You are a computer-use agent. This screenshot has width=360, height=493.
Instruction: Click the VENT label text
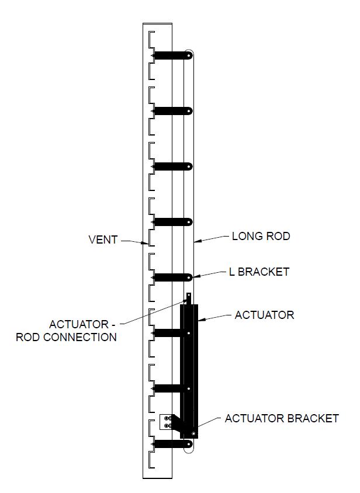[103, 239]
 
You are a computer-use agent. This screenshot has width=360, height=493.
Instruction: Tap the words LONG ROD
[261, 236]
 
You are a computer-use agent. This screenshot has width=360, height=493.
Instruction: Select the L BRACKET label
[259, 272]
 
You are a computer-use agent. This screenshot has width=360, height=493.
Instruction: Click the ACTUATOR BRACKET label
[282, 418]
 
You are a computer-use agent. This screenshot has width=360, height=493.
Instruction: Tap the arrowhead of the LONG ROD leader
[197, 241]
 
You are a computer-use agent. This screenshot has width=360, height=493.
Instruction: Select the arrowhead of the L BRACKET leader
[196, 277]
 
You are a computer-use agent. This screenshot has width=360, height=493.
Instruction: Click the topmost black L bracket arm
[172, 55]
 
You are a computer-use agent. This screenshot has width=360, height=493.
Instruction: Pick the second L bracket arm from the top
[172, 111]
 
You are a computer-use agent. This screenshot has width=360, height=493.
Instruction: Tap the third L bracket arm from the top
[172, 166]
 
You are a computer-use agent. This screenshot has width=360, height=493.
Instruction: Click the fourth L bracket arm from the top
[172, 222]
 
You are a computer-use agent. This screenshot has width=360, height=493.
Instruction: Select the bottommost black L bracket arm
[172, 443]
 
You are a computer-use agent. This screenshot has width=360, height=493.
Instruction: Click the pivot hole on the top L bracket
[189, 55]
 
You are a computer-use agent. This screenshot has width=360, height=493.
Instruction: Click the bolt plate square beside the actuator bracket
[166, 422]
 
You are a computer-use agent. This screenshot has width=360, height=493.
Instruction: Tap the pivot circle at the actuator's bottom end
[193, 434]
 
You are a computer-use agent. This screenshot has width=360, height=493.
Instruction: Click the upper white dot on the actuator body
[189, 333]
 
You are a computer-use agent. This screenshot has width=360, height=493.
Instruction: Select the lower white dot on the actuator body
[189, 388]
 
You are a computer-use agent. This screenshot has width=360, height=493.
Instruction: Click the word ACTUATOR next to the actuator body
[264, 315]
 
